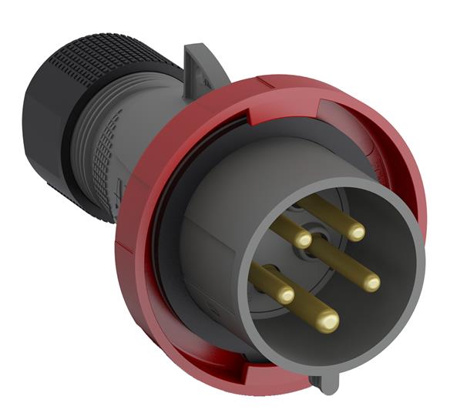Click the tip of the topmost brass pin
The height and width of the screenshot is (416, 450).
(355, 231)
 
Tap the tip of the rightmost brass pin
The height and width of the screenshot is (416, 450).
(371, 283)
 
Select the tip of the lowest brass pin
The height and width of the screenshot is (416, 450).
(328, 320)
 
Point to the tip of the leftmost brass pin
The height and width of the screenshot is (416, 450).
(285, 294)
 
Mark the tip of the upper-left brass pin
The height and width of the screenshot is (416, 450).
(304, 240)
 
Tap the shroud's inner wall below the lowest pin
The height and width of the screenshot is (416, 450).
(308, 347)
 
